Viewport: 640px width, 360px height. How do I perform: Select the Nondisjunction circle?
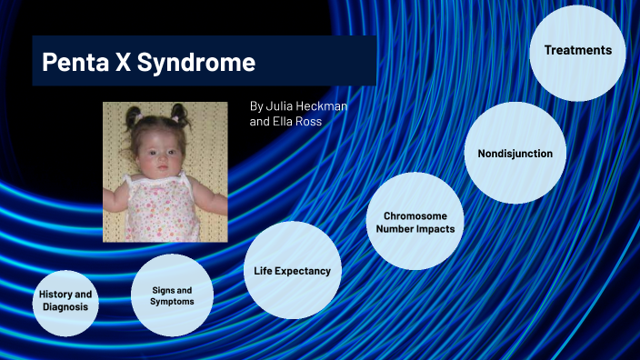coord(515,153)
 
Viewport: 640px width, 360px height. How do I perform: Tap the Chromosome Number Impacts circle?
coord(415,221)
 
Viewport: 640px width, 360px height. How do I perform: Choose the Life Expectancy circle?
coord(292,270)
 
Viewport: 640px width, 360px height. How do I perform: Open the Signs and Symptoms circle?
coord(172,295)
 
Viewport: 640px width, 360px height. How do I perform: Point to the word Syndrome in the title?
coord(203,64)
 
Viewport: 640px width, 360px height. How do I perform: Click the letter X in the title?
coord(129,64)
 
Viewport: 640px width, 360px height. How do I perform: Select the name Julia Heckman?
coord(305,105)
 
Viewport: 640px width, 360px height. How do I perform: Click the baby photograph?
coord(164,171)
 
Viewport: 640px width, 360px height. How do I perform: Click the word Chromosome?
coord(415,215)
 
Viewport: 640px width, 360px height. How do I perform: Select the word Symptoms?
coord(172,302)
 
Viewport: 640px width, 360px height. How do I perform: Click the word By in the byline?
coord(256,105)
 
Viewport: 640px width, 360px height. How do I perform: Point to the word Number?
coord(395,228)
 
